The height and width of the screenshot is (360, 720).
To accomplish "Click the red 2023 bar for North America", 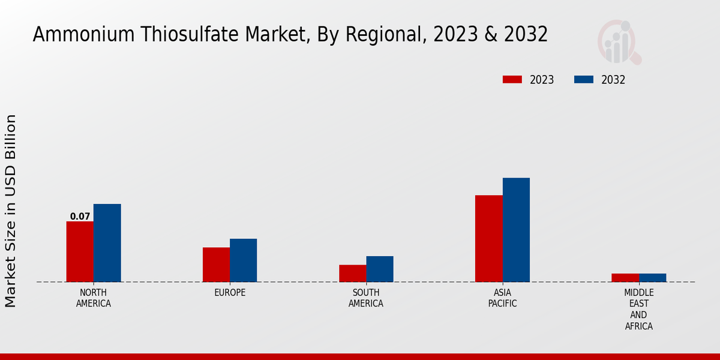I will (x=80, y=251).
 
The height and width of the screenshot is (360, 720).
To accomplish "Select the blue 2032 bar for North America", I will (x=107, y=243).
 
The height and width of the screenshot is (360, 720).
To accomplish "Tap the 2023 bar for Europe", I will (x=216, y=265).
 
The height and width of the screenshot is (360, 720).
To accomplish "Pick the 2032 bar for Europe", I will (x=244, y=260).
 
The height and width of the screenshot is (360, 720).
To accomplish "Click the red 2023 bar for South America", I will (x=352, y=273).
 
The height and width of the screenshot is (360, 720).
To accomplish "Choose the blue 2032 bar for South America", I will (x=380, y=269).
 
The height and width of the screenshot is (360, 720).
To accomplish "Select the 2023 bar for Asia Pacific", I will (x=489, y=238).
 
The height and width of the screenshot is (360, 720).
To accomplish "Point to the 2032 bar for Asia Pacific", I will (x=516, y=230).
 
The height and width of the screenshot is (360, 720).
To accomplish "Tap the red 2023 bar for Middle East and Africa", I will (x=625, y=278).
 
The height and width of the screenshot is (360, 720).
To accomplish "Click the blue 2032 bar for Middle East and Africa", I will (x=653, y=278).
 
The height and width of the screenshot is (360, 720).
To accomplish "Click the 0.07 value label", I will (x=80, y=217).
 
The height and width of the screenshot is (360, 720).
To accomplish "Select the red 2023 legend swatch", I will (x=512, y=80).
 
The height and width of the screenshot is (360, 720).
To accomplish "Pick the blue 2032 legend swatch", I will (x=584, y=80).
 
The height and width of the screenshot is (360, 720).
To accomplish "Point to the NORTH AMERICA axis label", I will (x=94, y=298).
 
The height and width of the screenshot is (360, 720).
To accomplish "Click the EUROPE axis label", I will (x=230, y=293).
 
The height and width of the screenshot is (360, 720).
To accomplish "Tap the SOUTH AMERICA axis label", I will (x=366, y=298).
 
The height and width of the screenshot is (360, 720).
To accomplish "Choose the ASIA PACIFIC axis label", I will (x=503, y=298).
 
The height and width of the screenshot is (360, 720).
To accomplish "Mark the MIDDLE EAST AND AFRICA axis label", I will (x=639, y=310).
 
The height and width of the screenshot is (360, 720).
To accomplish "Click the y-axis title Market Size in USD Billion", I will (x=11, y=211).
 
